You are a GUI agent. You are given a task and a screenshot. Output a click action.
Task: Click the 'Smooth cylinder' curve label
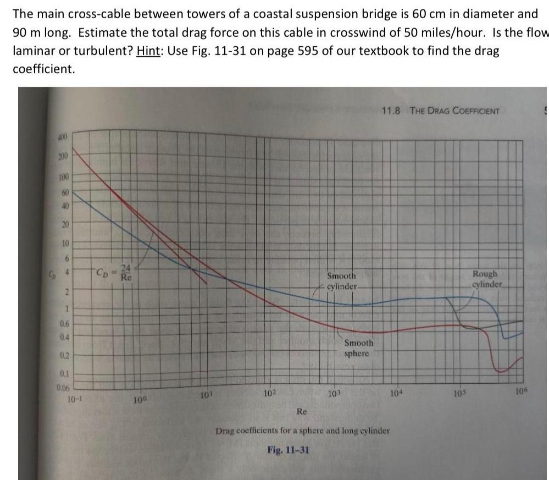point(342,281)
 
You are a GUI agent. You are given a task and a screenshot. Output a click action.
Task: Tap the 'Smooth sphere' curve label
point(358,348)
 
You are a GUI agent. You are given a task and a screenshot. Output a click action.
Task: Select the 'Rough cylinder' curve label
point(487,279)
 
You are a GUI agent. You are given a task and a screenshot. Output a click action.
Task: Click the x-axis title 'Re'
point(302,411)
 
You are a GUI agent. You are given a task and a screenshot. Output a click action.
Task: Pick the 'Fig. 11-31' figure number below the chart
point(288,450)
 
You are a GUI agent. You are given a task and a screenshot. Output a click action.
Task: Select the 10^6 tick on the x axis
point(522,391)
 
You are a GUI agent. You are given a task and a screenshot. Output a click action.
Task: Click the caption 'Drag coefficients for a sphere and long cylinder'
point(303,431)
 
